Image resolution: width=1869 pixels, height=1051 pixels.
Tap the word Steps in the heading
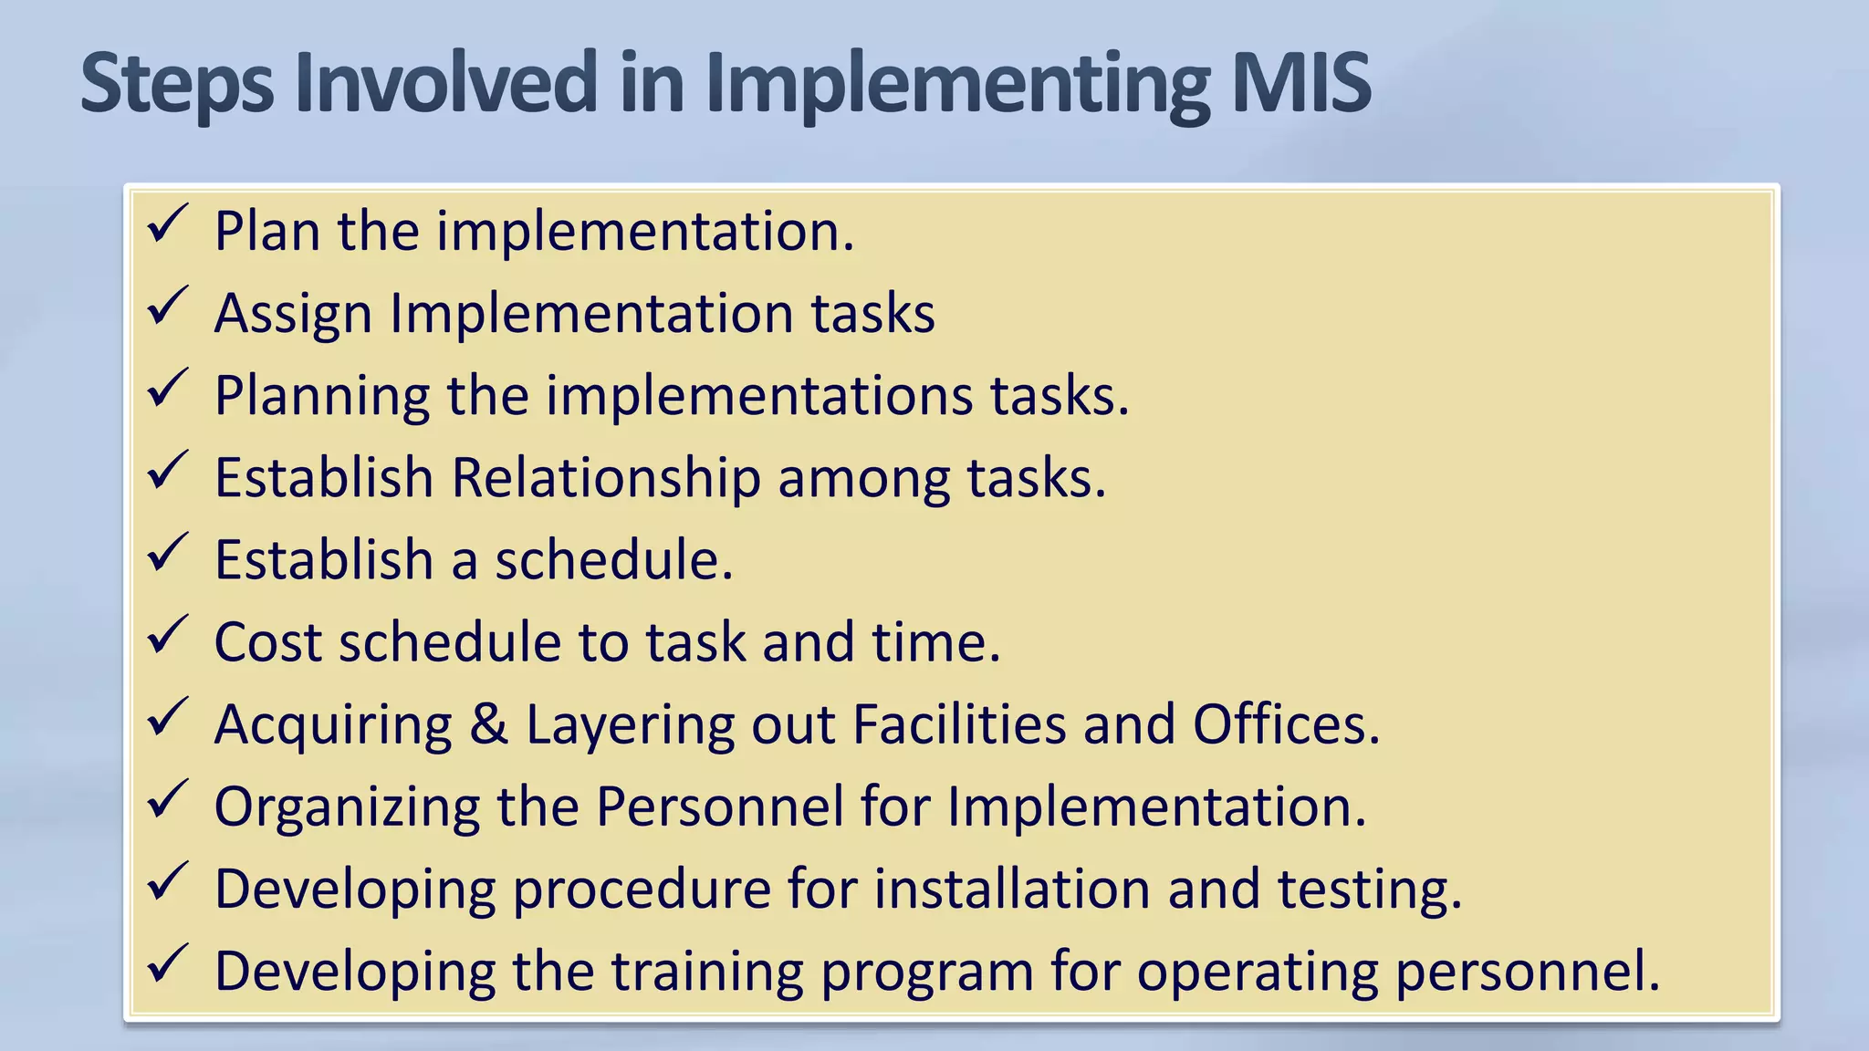176,85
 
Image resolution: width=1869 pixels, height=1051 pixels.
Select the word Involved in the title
445,83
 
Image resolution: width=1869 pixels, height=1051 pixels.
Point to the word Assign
293,315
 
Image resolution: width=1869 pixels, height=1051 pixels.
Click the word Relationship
606,478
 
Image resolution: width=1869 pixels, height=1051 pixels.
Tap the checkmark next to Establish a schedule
167,553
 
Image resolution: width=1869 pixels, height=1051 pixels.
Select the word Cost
267,642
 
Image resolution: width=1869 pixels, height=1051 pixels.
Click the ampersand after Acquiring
489,724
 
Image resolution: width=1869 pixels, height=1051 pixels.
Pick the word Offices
1285,724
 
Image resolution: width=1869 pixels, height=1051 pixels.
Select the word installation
1012,889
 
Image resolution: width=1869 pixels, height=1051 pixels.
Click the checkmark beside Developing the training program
167,963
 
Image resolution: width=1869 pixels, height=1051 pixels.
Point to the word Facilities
958,724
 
